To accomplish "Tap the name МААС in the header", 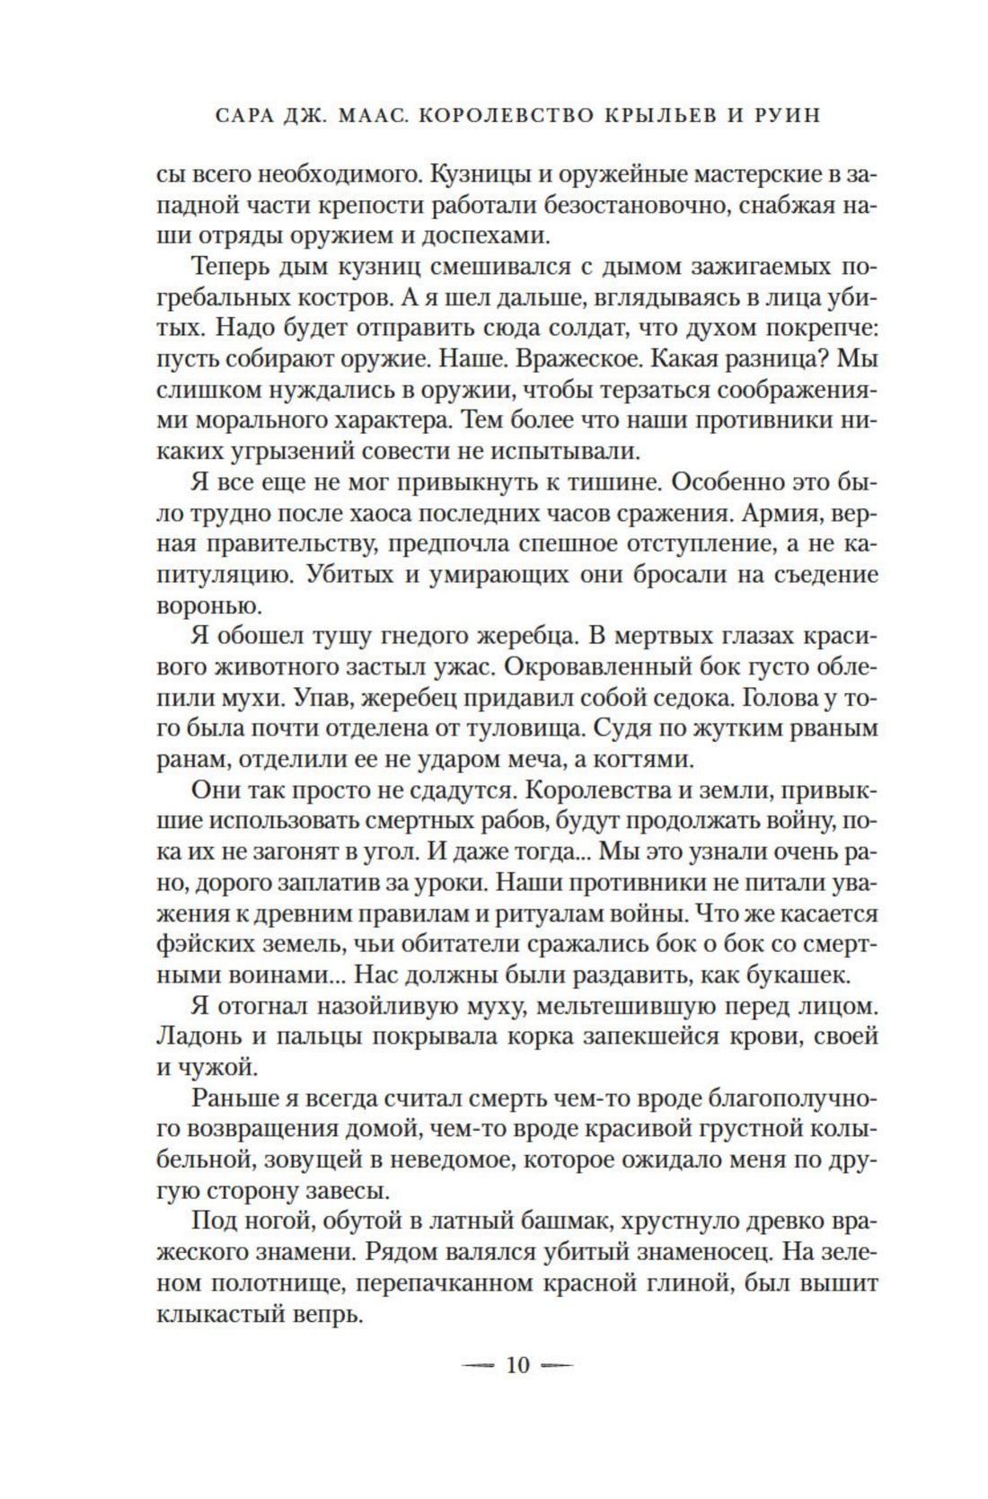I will point(355,118).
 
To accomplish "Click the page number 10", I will point(518,1366).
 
